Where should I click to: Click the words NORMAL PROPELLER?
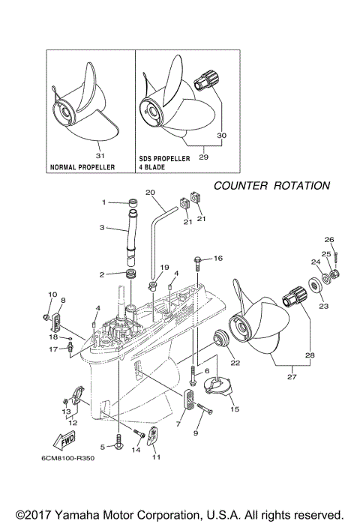tap(82, 167)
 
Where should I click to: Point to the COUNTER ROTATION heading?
tap(271, 185)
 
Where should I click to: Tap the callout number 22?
tap(235, 363)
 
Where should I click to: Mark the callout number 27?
tap(289, 379)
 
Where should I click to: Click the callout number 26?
tap(328, 240)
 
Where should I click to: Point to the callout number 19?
tap(164, 267)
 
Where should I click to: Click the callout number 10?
tap(52, 294)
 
